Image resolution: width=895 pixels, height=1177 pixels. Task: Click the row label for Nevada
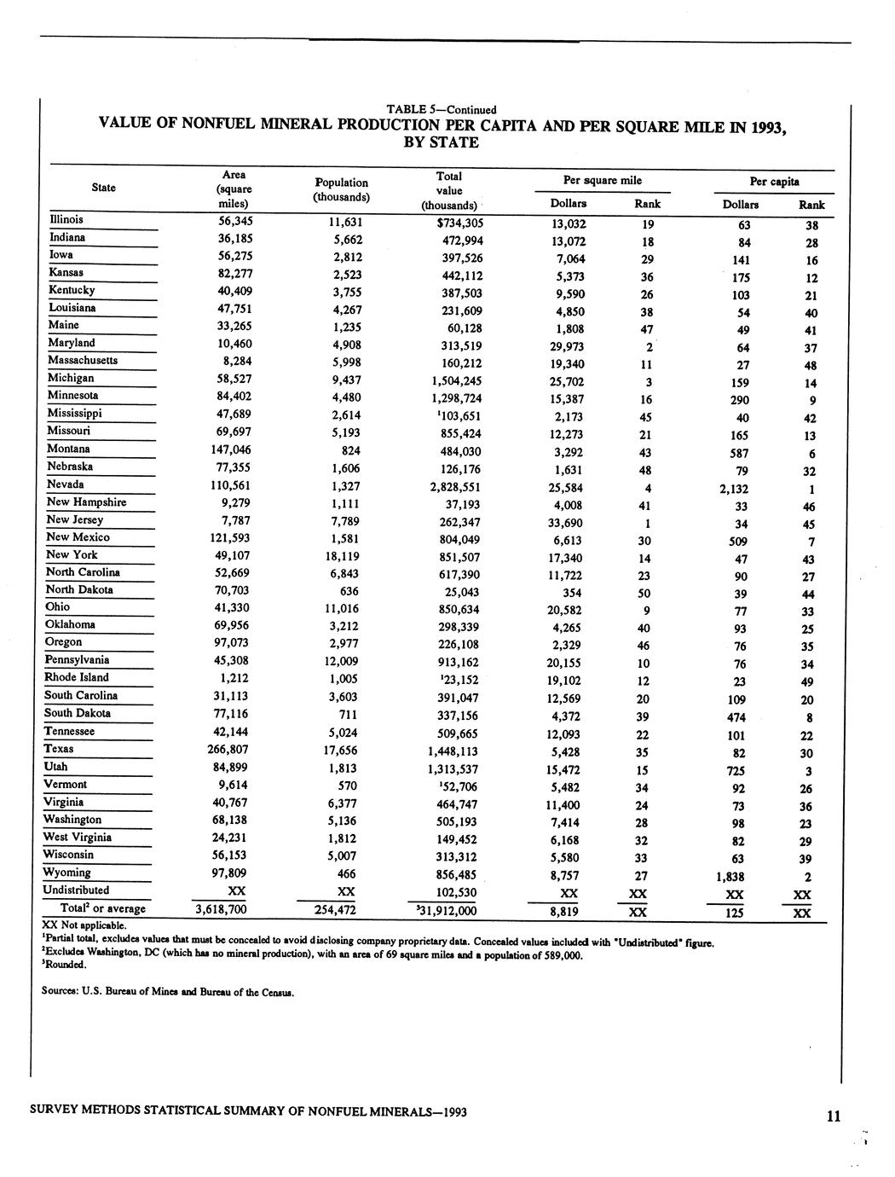click(65, 484)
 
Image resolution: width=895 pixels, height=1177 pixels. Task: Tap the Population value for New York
click(342, 555)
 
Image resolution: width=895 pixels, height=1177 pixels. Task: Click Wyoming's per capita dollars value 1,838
click(730, 877)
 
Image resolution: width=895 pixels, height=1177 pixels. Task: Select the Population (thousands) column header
click(342, 189)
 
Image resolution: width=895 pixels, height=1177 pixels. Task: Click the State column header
click(103, 188)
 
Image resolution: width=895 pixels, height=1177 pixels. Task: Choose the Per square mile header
click(603, 181)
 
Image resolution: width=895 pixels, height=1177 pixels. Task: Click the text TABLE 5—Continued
click(442, 109)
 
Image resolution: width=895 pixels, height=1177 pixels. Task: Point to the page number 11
click(833, 1116)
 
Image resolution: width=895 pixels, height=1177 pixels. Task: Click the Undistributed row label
click(78, 890)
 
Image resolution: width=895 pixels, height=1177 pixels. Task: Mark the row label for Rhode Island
click(77, 678)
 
